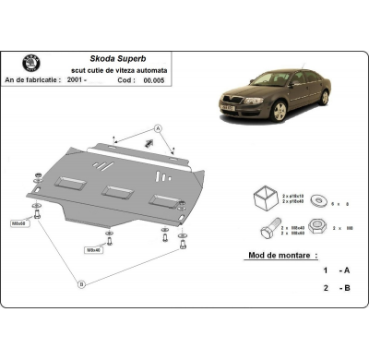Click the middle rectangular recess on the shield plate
coord(115,192)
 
